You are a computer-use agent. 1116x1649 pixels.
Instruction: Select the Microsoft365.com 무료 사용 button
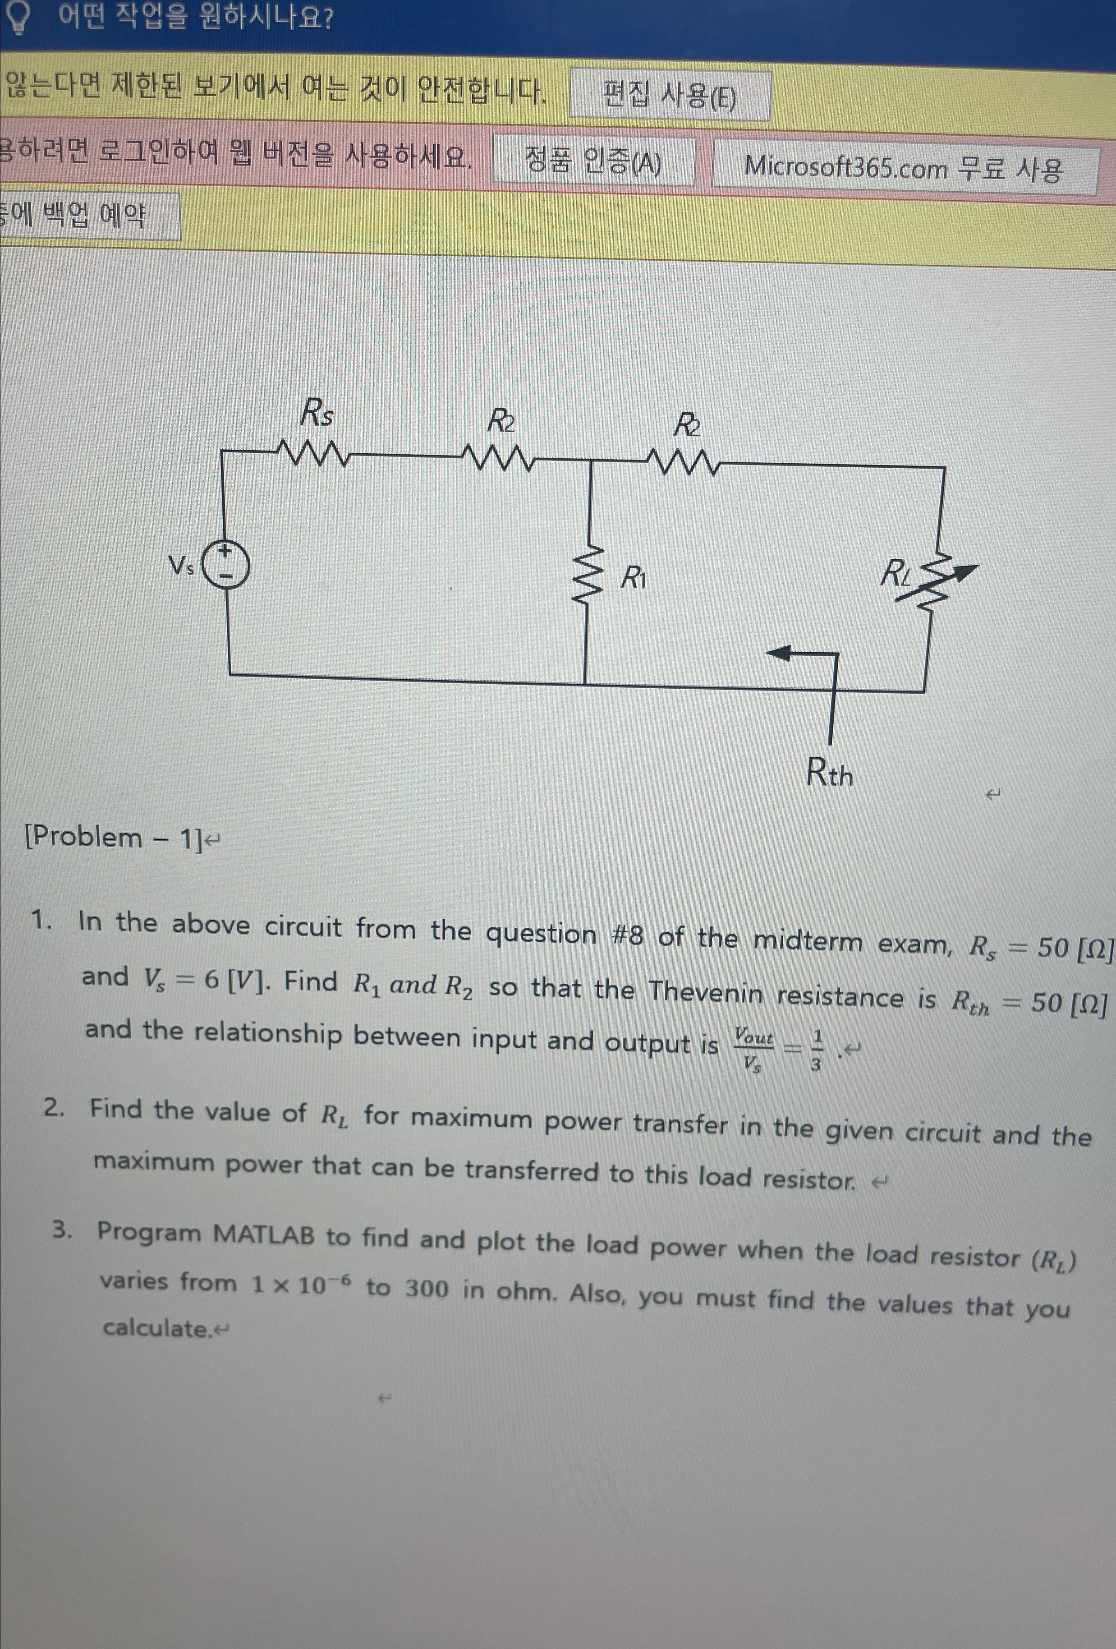(x=904, y=168)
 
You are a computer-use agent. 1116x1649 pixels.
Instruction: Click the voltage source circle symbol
(x=225, y=564)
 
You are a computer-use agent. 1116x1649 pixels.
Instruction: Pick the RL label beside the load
(x=896, y=573)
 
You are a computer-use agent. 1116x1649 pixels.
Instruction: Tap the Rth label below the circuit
(x=829, y=773)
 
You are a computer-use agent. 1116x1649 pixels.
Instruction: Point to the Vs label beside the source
(x=181, y=566)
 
